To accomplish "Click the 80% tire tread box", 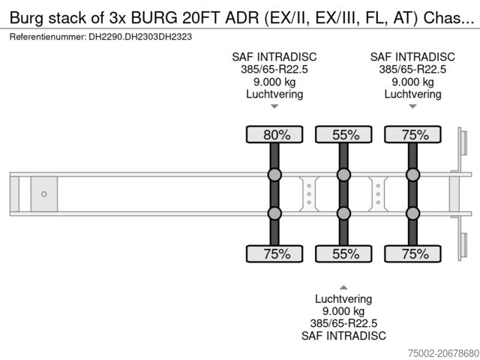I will click(x=274, y=135).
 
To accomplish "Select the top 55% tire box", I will click(x=343, y=135).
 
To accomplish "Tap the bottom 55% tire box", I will click(x=343, y=253).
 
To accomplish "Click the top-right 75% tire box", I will click(x=412, y=135).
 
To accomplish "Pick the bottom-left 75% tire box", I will click(x=274, y=253).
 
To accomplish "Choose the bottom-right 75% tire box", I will click(x=412, y=253).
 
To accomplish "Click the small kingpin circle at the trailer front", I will click(x=44, y=194).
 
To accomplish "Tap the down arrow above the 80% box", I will click(x=274, y=107).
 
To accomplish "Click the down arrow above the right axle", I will click(x=412, y=107).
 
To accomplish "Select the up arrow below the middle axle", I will click(x=343, y=286).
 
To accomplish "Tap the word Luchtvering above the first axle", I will click(x=274, y=94).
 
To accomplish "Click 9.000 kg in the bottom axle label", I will click(x=343, y=310).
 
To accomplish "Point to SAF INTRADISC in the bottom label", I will click(x=343, y=336).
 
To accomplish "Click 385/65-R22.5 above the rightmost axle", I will click(x=412, y=69).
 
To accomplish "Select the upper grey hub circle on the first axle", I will click(x=274, y=175).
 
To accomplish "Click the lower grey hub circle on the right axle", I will click(x=412, y=214).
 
